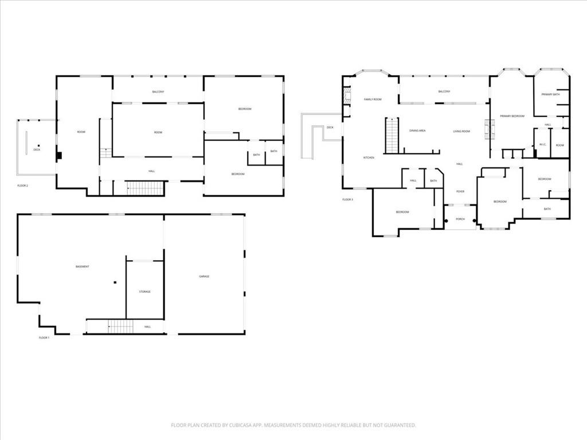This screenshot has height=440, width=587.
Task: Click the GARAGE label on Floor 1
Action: point(204,276)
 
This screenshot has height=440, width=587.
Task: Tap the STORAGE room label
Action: point(145,292)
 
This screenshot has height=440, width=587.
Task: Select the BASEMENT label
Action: point(83,267)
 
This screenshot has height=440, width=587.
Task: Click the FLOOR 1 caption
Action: point(44,338)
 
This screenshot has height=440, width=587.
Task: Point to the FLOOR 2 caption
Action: point(23,186)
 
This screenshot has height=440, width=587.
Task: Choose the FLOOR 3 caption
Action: point(348,199)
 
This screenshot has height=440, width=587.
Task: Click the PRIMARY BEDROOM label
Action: point(512,116)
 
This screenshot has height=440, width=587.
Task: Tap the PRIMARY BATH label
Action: point(550,95)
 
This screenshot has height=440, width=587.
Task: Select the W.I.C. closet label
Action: point(542,145)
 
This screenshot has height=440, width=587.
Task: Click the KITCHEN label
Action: point(369,158)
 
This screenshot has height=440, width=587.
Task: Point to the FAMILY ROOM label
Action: point(373,100)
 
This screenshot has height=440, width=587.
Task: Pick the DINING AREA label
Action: point(417,131)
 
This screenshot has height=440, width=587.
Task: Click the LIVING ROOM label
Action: point(461,132)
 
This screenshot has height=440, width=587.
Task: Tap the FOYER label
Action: point(460,191)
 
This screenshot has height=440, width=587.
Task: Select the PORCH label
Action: point(460,219)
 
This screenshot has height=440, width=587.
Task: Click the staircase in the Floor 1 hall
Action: point(121,327)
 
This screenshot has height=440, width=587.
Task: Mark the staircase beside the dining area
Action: point(392,136)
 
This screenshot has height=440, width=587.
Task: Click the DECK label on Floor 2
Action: point(37,150)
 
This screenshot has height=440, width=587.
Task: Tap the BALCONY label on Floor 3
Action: point(444,92)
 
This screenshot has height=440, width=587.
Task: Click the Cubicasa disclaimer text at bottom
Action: point(293,425)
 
